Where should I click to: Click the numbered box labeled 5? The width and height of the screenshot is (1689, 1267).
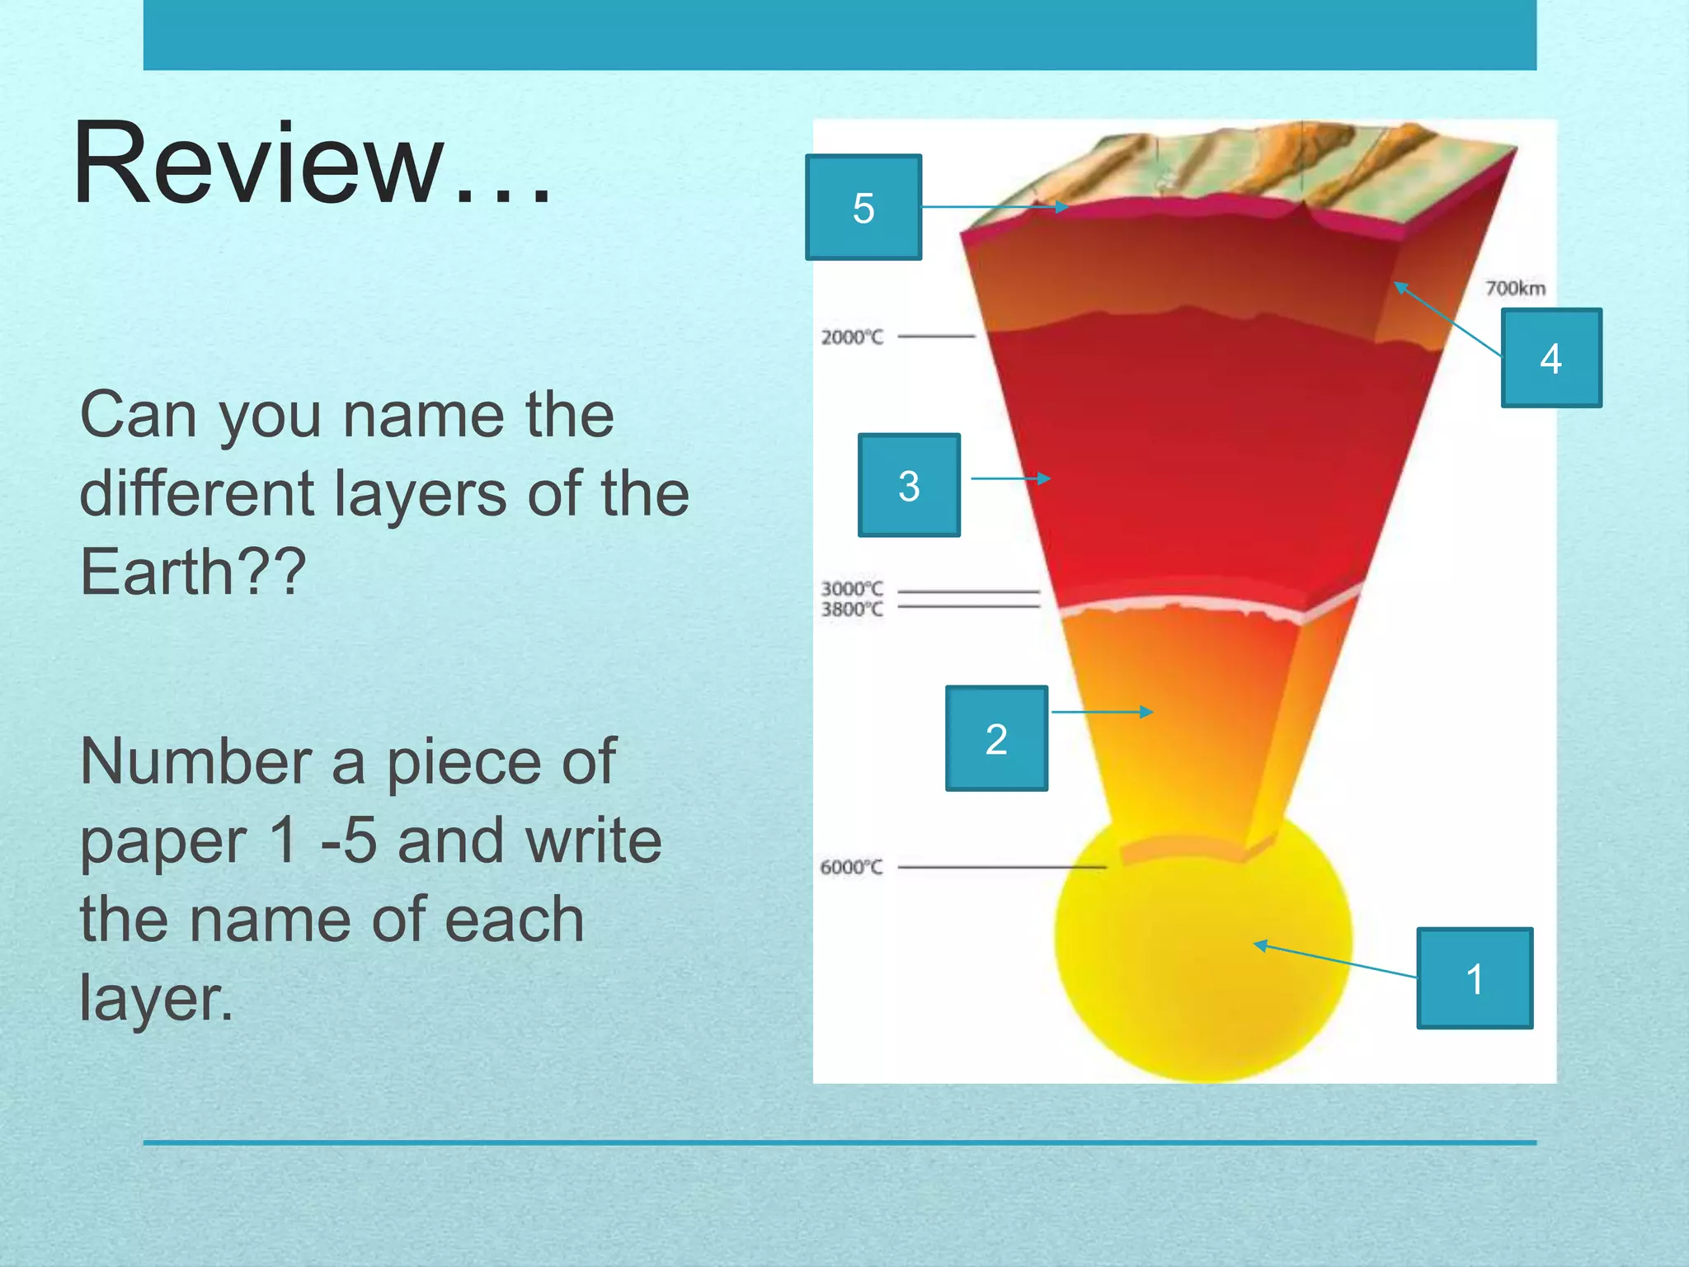[863, 207]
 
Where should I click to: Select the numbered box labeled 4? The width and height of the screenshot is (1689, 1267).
[1550, 358]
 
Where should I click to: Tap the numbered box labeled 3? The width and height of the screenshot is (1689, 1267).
[909, 485]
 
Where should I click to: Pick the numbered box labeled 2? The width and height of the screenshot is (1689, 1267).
[995, 738]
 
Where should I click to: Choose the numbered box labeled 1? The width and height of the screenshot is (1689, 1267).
[1474, 978]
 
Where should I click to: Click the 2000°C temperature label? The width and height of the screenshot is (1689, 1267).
[851, 337]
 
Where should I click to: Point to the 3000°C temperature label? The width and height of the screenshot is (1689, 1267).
[851, 588]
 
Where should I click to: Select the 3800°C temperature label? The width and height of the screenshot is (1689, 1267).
[851, 610]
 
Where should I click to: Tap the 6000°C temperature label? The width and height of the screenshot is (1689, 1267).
[850, 867]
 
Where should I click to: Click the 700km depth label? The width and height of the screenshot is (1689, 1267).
[1515, 288]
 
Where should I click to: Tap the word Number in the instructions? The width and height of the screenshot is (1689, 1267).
[195, 761]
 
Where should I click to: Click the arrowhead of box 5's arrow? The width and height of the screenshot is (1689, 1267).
[1062, 207]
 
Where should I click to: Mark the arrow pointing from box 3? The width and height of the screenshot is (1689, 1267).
[1010, 478]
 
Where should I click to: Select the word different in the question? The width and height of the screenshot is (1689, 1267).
[196, 493]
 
